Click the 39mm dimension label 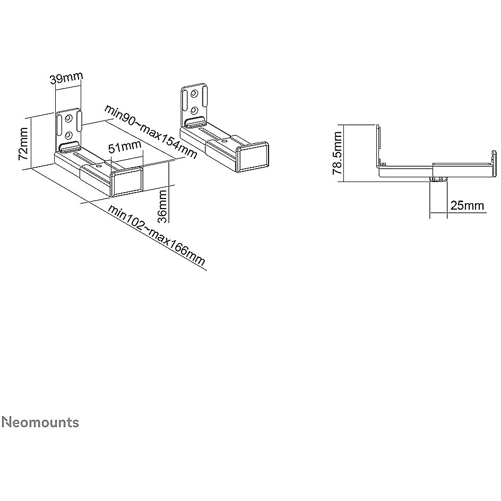tap(66, 78)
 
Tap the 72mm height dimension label tap(23, 144)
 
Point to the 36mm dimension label tap(162, 206)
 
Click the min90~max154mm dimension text tap(151, 131)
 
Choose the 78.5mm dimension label tap(338, 153)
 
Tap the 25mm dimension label tap(467, 205)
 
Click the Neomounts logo tap(40, 422)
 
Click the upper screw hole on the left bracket tap(68, 118)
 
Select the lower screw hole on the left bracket tap(68, 135)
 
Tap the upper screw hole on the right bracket tap(193, 93)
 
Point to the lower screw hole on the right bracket tap(193, 110)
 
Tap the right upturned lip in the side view tap(494, 163)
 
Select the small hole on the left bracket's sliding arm tap(98, 166)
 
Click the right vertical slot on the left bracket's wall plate tap(79, 120)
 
